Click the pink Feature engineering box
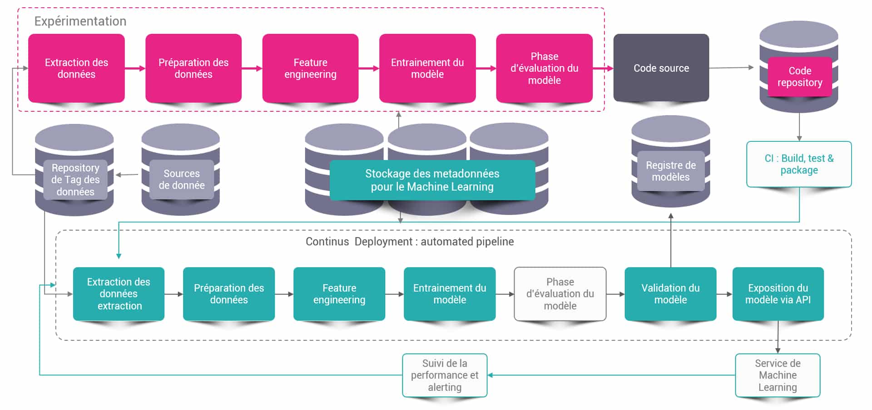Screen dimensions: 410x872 [310, 68]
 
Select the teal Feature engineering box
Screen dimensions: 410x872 [339, 294]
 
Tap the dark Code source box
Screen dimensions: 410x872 [661, 68]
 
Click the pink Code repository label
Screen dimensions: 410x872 [799, 76]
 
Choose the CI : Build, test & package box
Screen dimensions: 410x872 [799, 164]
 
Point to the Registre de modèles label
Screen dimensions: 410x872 [670, 171]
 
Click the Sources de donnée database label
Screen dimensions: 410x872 [181, 179]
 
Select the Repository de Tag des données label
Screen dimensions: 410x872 [75, 180]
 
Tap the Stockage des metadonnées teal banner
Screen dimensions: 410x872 [432, 180]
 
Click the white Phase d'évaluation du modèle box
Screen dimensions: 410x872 [560, 294]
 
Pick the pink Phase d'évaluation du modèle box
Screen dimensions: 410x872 [544, 68]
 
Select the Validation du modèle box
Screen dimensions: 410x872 [670, 294]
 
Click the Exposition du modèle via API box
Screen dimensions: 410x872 [778, 294]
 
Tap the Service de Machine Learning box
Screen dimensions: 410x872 [778, 375]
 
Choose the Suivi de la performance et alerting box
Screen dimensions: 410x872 [445, 375]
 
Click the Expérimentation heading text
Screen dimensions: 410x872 [80, 21]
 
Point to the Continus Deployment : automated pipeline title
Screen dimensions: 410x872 [410, 241]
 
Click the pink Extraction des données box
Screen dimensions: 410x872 [76, 68]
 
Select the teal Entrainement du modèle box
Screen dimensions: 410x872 [450, 294]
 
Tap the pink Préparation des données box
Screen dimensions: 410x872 [193, 68]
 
